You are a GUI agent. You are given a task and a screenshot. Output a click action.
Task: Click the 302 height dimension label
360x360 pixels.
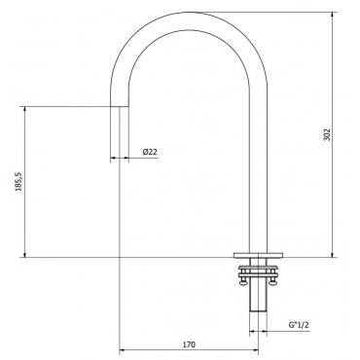coord(327,134)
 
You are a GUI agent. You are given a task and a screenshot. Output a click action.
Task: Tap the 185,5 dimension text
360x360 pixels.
coord(19,182)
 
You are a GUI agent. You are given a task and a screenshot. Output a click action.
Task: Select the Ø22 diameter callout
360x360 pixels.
coord(150,152)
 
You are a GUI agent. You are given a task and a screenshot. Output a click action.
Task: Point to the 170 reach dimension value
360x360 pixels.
coord(189,344)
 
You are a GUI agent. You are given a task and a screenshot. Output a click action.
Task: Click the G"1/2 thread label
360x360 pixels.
coord(299,325)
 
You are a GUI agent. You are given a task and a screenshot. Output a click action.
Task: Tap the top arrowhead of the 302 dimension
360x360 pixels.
coord(332,15)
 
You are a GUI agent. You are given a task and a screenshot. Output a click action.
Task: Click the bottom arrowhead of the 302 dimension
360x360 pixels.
coord(332,255)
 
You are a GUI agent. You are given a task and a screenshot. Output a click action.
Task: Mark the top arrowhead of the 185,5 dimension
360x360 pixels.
coord(24,110)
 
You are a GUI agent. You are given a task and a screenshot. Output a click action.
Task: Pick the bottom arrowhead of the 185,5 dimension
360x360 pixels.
coord(24,255)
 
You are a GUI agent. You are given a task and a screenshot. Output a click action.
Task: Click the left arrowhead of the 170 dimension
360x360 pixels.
coord(123,350)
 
